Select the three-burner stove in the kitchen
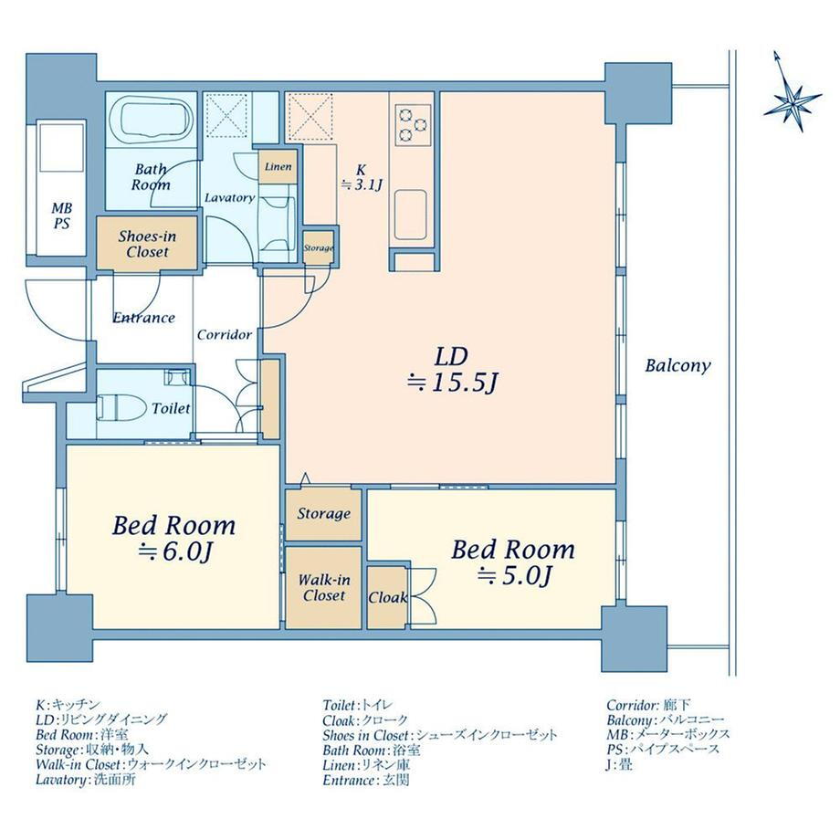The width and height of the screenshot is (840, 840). point(413,125)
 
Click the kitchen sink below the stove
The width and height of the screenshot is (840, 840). point(410,215)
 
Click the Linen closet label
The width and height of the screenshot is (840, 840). point(278,166)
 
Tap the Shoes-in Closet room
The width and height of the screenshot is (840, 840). point(147,243)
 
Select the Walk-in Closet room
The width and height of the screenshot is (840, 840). point(323,588)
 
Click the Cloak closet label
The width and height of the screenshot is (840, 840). point(387,597)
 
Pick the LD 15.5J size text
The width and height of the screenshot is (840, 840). point(452,370)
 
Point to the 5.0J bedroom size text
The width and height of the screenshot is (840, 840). point(514,576)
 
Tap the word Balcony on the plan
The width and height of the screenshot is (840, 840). point(677,366)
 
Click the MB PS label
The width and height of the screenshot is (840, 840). point(61,215)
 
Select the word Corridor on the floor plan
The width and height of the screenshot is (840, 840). point(225,335)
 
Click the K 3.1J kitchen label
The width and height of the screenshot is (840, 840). point(362,178)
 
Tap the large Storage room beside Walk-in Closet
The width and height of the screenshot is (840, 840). point(323,514)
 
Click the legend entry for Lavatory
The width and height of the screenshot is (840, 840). point(86,779)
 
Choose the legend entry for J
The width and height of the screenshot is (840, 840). point(619,764)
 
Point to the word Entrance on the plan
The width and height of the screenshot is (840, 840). point(144,318)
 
